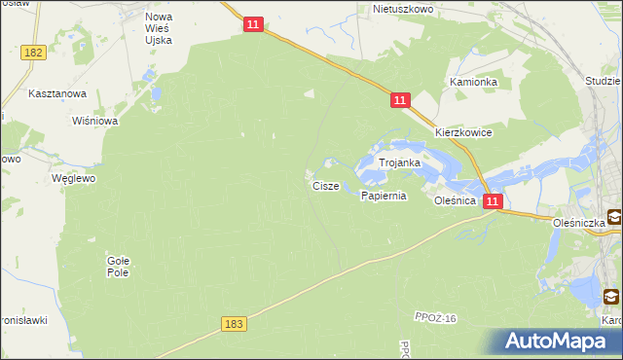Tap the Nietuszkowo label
[402, 9]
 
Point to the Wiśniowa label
[95, 121]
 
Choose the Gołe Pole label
[118, 267]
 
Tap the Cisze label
[325, 185]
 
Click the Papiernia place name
[383, 196]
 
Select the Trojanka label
[399, 163]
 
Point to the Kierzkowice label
[463, 132]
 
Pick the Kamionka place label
[473, 83]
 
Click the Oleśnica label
[455, 199]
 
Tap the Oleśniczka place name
[578, 222]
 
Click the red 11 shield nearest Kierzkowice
[400, 99]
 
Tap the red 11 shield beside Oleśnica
[493, 201]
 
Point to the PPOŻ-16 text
[435, 318]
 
